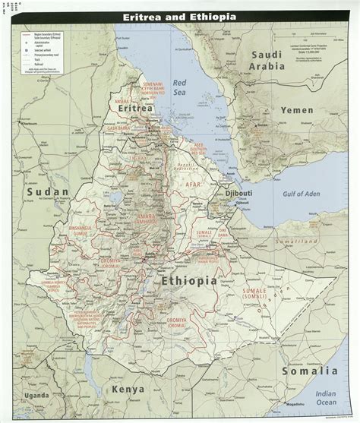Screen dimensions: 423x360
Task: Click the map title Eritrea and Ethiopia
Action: pyautogui.click(x=179, y=15)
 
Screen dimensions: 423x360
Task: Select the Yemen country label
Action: pyautogui.click(x=295, y=110)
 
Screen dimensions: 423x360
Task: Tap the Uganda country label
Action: pyautogui.click(x=38, y=396)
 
